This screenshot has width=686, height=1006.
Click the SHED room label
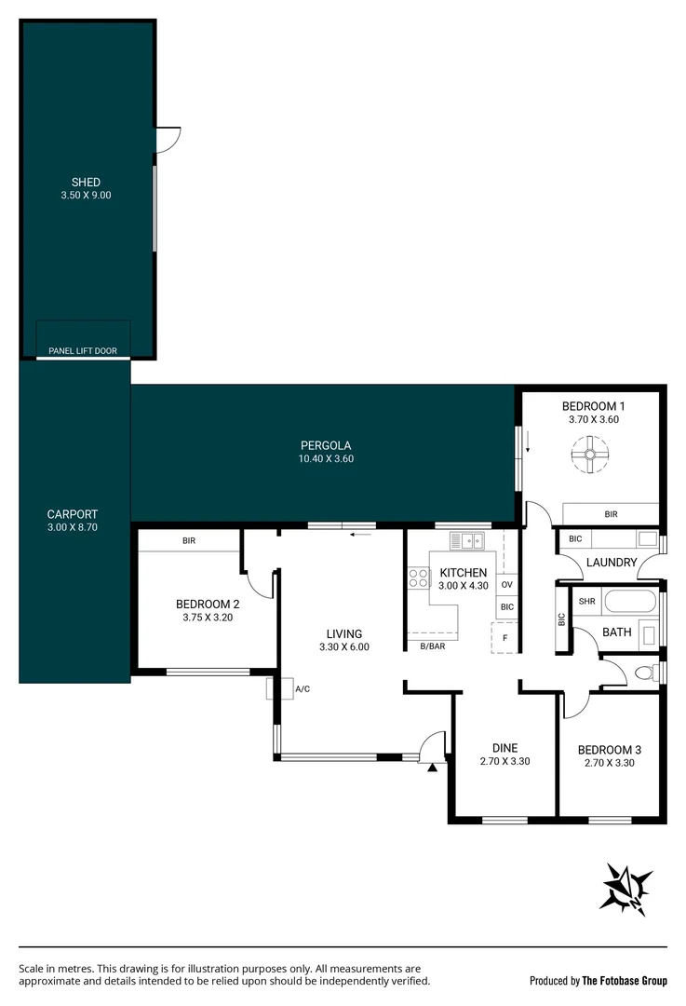pyautogui.click(x=86, y=182)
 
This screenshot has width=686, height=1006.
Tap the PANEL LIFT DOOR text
pyautogui.click(x=83, y=351)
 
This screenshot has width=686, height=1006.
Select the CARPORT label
pyautogui.click(x=73, y=514)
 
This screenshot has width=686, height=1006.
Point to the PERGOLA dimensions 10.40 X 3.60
pyautogui.click(x=326, y=458)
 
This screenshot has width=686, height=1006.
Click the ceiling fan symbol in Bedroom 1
pyautogui.click(x=589, y=455)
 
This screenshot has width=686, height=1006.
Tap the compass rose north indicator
pyautogui.click(x=627, y=888)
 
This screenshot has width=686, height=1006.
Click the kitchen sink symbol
pyautogui.click(x=465, y=540)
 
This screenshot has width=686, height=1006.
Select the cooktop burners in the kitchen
pyautogui.click(x=417, y=578)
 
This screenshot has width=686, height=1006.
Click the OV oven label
pyautogui.click(x=506, y=585)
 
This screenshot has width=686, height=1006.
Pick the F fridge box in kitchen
pyautogui.click(x=504, y=638)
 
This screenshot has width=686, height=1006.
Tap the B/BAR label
pyautogui.click(x=432, y=646)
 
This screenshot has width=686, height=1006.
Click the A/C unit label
pyautogui.click(x=302, y=689)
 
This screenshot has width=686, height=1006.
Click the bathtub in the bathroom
pyautogui.click(x=630, y=601)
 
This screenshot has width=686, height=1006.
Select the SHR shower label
pyautogui.click(x=585, y=601)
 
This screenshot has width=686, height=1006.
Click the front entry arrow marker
pyautogui.click(x=431, y=768)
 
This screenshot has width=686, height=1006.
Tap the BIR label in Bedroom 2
pyautogui.click(x=189, y=540)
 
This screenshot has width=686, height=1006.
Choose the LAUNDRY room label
pyautogui.click(x=611, y=563)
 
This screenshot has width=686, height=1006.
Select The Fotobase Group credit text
pyautogui.click(x=624, y=980)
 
